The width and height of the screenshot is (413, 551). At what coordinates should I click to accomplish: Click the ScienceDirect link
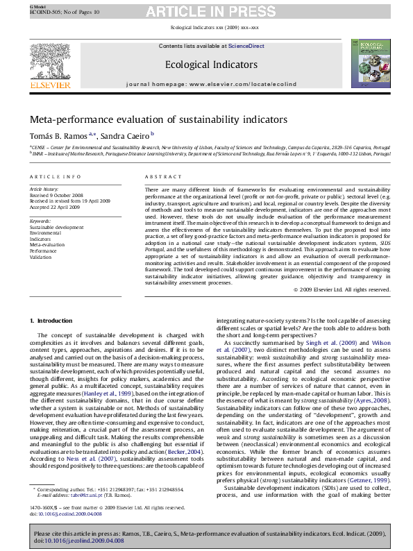(246, 46)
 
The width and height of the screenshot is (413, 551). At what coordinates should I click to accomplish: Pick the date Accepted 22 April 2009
(53, 207)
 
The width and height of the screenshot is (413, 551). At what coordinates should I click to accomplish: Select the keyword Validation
(40, 257)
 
